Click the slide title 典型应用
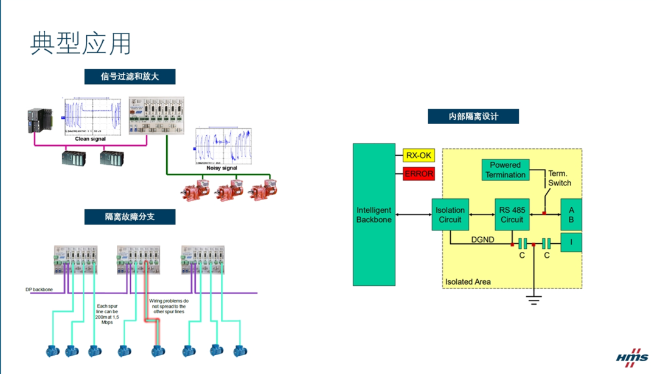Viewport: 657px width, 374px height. click(81, 43)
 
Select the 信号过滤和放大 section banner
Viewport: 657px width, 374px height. click(130, 77)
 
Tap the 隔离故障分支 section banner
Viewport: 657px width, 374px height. click(130, 216)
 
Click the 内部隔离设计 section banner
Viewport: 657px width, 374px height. click(473, 116)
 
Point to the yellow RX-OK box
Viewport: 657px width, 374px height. click(419, 156)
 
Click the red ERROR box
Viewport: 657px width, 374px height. click(419, 174)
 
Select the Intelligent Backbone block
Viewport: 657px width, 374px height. click(374, 215)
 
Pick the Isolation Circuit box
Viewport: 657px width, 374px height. click(450, 215)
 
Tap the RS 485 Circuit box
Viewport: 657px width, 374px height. click(512, 215)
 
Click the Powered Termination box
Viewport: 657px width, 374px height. click(505, 170)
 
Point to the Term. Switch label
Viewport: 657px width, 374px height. click(559, 178)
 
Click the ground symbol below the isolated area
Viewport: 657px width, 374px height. click(534, 299)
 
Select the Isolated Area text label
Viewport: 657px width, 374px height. click(468, 282)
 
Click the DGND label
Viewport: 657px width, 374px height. click(482, 240)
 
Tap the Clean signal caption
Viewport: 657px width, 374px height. click(90, 139)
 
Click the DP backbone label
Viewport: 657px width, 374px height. click(39, 289)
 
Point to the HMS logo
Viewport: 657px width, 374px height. click(632, 358)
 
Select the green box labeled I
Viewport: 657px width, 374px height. click(571, 242)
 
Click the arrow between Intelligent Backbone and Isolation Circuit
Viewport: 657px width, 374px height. click(413, 215)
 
